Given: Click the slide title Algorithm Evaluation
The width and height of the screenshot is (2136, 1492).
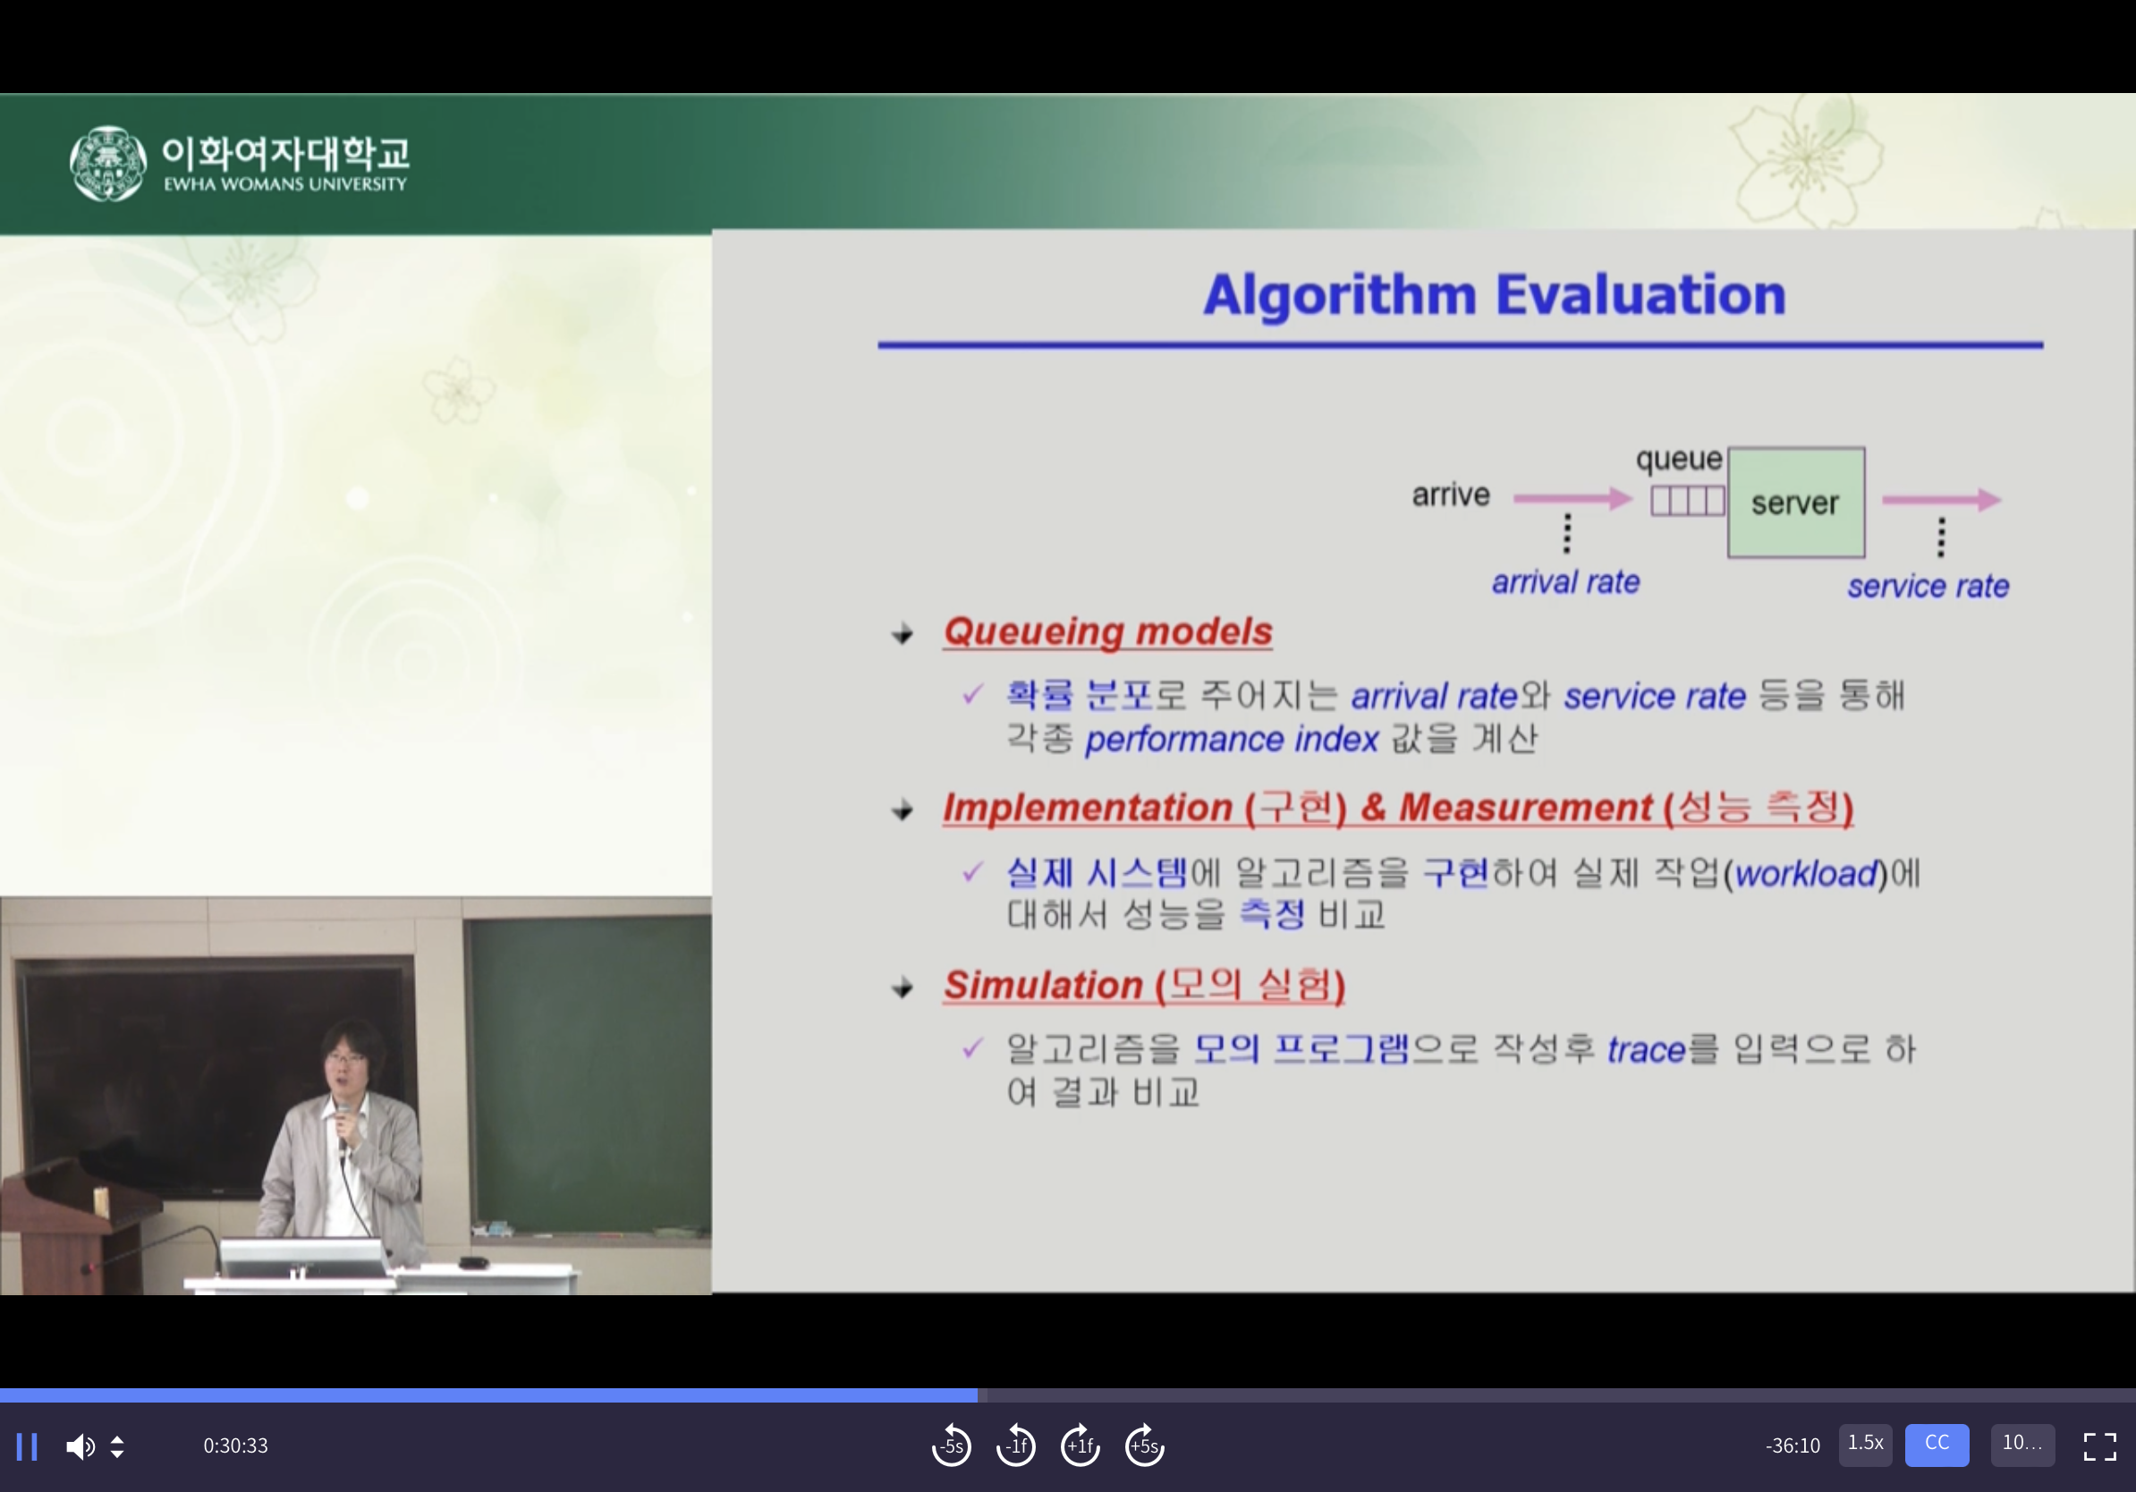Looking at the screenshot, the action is click(x=1494, y=295).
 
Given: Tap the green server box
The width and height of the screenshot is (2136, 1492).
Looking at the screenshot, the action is click(x=1795, y=503).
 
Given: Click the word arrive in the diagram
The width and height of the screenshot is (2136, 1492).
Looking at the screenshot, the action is click(x=1450, y=495).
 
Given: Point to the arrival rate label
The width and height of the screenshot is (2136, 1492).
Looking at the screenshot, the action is click(x=1565, y=582).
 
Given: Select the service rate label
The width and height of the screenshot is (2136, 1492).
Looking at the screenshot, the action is click(x=1928, y=586).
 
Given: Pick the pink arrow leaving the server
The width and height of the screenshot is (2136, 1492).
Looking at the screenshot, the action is click(x=1942, y=499).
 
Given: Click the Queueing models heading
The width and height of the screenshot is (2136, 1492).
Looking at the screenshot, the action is click(x=1107, y=632).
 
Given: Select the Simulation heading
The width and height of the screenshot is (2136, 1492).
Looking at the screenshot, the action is click(x=1144, y=985).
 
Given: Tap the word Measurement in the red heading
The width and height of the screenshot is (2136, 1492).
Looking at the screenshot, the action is click(x=1526, y=808).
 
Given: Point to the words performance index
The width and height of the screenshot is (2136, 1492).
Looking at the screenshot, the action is click(x=1231, y=740).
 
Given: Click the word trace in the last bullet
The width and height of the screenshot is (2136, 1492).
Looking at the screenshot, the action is click(x=1646, y=1050).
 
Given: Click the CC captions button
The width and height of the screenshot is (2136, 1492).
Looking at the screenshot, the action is click(x=1937, y=1445).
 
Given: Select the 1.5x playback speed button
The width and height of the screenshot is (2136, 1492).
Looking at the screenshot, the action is click(x=1865, y=1445).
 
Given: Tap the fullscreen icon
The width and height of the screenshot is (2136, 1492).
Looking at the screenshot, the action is click(x=2099, y=1446).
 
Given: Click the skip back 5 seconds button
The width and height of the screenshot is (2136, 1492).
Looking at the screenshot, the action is click(x=951, y=1445).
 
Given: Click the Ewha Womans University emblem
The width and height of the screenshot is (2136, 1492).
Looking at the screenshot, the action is click(x=108, y=164).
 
